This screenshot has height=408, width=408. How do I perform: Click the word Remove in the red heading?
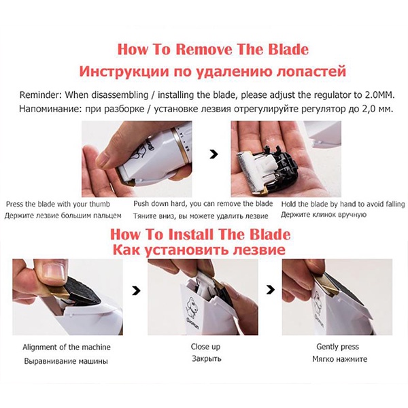(x=203, y=49)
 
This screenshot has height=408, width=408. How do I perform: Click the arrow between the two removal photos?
(x=214, y=154)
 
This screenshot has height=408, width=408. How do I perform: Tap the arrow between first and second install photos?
(x=136, y=290)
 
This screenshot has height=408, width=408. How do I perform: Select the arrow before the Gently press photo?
(x=271, y=289)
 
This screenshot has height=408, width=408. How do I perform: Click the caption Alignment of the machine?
(x=67, y=347)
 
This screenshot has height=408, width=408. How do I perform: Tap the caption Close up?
(x=205, y=347)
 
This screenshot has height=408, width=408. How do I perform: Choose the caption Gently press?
(x=337, y=347)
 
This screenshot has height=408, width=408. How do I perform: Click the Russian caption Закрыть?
(x=207, y=359)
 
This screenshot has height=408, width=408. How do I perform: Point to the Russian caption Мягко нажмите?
(x=339, y=359)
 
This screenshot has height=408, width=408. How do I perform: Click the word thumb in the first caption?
(x=100, y=204)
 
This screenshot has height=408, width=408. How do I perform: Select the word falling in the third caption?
(x=395, y=204)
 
